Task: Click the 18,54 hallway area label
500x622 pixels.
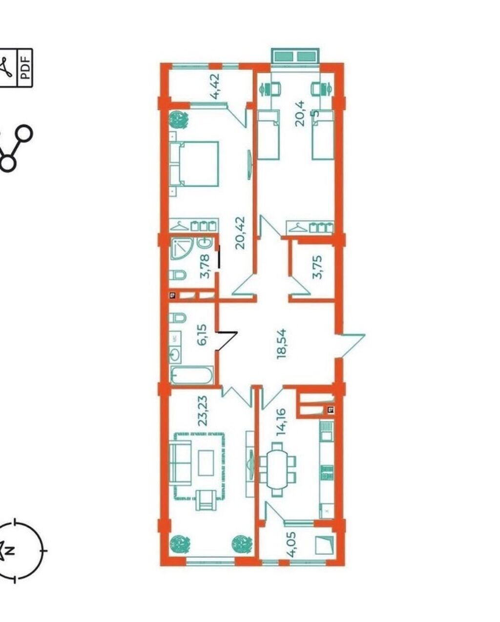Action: (x=281, y=343)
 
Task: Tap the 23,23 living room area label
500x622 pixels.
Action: (x=203, y=410)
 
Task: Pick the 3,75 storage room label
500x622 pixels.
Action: (x=317, y=267)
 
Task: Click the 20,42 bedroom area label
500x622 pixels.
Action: (x=240, y=233)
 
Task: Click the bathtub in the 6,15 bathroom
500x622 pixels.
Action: (x=192, y=375)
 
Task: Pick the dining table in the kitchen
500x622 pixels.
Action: (x=278, y=469)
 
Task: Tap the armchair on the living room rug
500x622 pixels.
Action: (x=206, y=500)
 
